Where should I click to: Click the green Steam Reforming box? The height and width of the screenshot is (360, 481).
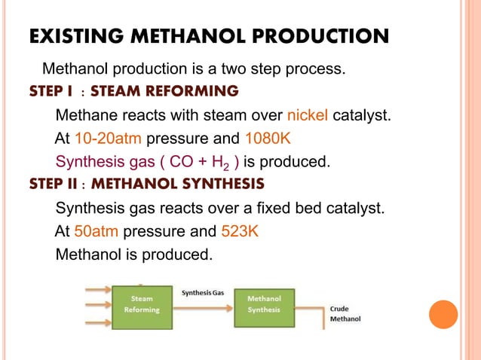(142, 306)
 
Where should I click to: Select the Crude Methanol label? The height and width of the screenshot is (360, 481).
(345, 313)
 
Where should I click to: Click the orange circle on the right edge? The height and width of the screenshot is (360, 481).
(443, 315)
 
